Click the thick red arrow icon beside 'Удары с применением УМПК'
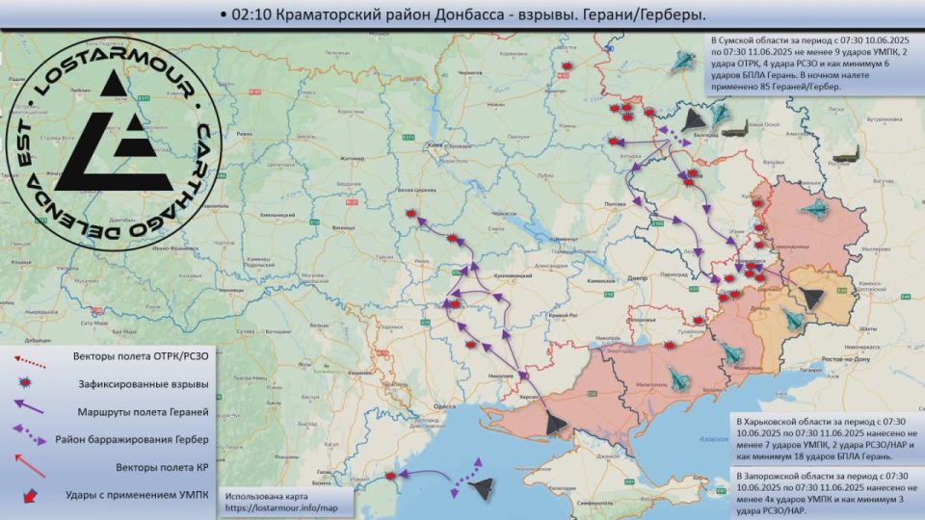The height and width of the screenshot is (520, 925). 32,495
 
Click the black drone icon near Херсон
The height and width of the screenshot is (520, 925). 554,422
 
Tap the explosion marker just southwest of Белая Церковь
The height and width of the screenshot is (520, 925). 412,214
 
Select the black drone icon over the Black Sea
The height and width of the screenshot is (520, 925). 482,488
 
